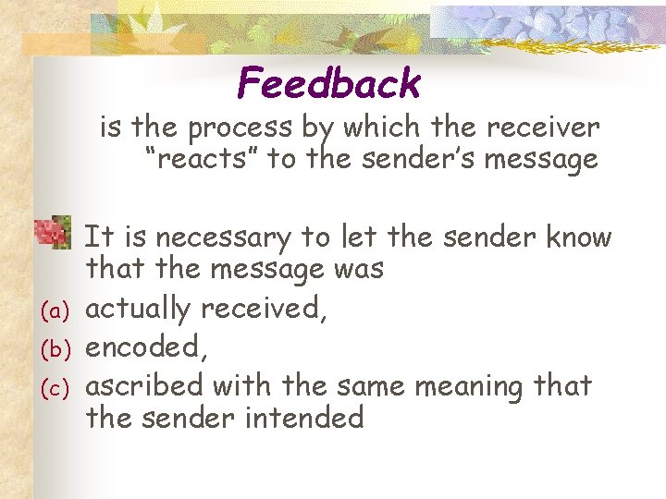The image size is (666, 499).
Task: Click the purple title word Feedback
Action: pyautogui.click(x=329, y=84)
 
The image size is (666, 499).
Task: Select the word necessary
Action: pyautogui.click(x=221, y=238)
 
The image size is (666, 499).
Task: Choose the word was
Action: pyautogui.click(x=355, y=270)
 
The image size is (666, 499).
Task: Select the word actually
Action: pyautogui.click(x=143, y=310)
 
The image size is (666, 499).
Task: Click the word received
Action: pyautogui.click(x=271, y=309)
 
